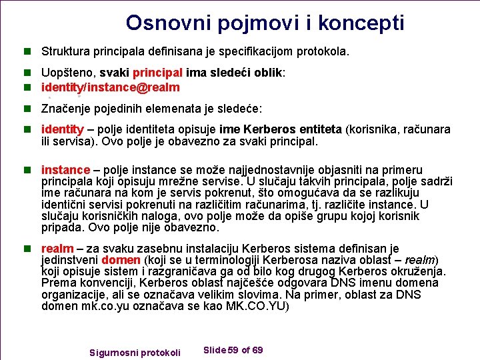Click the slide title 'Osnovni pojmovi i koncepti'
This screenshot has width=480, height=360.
click(265, 23)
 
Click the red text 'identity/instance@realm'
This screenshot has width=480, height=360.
click(111, 87)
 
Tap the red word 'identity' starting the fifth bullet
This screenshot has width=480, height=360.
click(63, 129)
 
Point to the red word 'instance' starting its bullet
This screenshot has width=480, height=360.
click(65, 171)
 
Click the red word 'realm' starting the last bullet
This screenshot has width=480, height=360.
click(57, 249)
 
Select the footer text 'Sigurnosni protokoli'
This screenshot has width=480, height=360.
click(135, 352)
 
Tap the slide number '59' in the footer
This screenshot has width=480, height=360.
click(234, 350)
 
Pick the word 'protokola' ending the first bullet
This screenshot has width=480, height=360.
click(324, 51)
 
